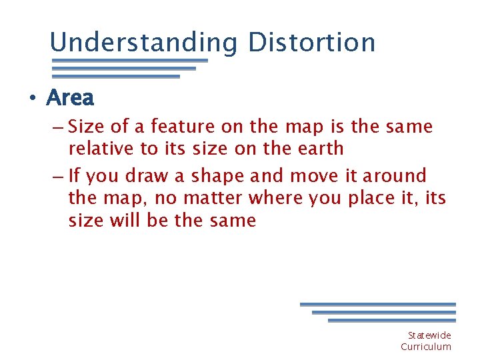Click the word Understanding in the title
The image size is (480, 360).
(x=143, y=43)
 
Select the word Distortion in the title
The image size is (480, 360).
(x=311, y=43)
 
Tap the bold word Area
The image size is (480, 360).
(x=70, y=98)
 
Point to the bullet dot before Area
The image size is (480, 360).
(x=31, y=99)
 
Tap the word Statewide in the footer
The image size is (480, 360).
(x=429, y=335)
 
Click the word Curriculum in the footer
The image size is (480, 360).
(x=425, y=347)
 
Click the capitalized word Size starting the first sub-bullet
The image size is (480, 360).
(x=84, y=126)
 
